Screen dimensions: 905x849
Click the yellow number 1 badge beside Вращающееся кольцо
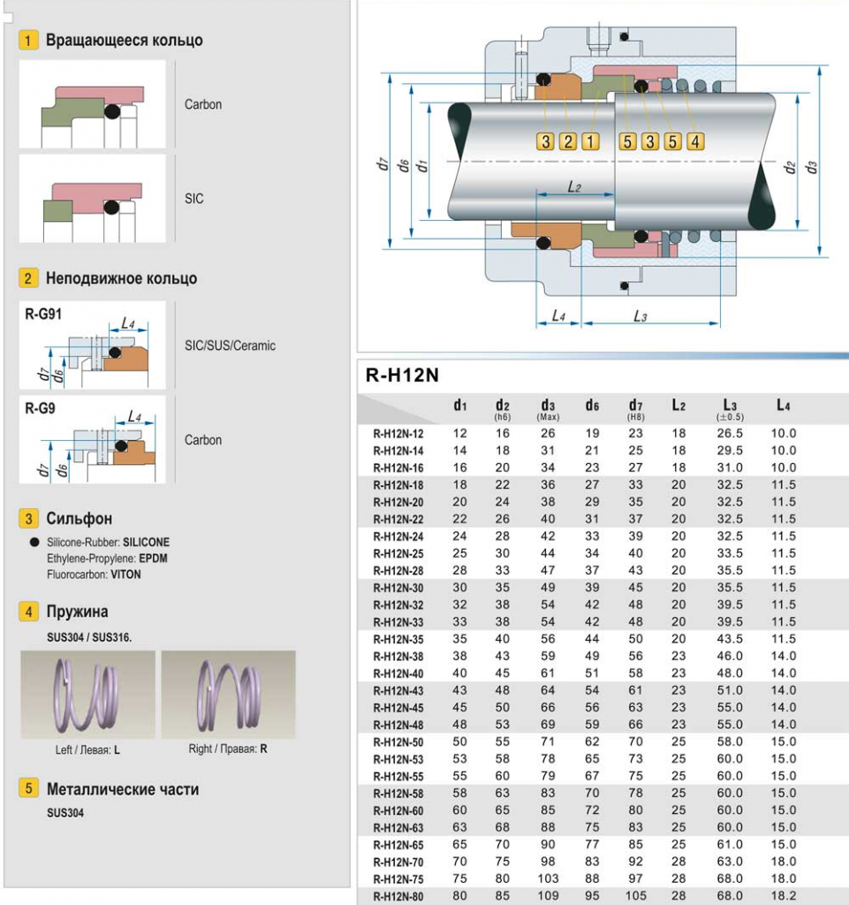click(29, 41)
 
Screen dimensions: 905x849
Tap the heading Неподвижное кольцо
click(121, 278)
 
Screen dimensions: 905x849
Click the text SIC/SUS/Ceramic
click(230, 346)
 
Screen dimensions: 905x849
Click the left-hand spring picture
click(87, 695)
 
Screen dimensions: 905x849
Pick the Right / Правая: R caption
click(228, 749)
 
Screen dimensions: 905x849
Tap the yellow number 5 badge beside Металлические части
click(29, 788)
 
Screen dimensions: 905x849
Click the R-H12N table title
click(402, 376)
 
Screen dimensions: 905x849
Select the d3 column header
click(548, 407)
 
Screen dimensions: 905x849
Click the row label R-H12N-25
click(398, 553)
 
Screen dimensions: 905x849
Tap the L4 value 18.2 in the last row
click(784, 895)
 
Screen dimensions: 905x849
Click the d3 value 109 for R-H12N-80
click(548, 895)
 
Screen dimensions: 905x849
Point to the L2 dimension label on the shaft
click(573, 187)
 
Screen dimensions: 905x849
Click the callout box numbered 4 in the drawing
click(694, 141)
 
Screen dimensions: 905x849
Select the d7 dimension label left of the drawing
click(382, 164)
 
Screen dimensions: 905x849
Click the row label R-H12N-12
click(398, 434)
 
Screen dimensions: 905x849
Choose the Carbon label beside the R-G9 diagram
click(203, 440)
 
